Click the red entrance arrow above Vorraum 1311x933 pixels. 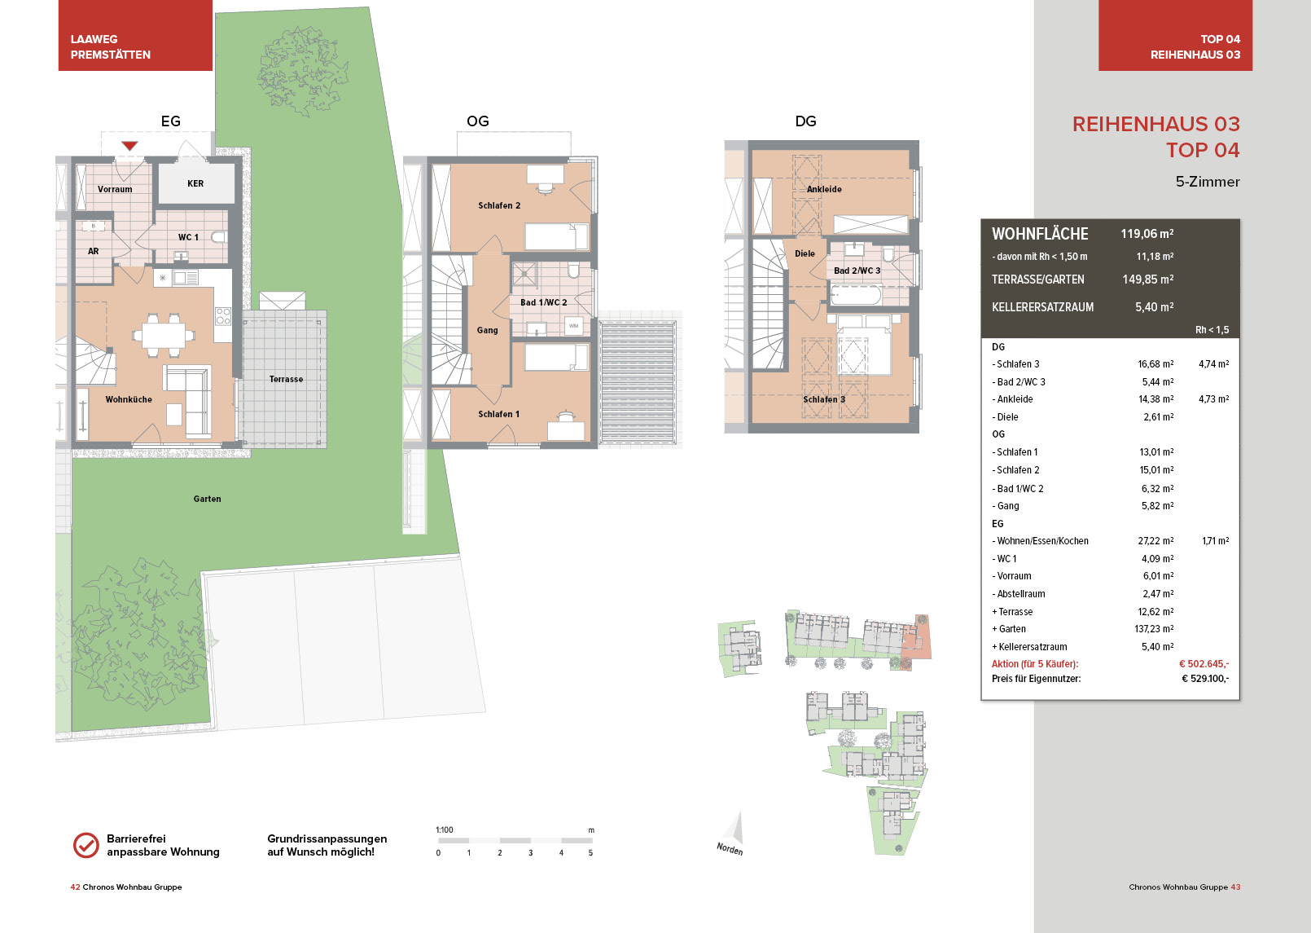point(129,146)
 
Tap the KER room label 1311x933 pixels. point(195,183)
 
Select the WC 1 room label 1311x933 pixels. point(188,237)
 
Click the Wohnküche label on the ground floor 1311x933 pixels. point(129,399)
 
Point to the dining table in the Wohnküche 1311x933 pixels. point(164,336)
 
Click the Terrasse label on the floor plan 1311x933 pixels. point(286,379)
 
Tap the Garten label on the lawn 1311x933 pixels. point(207,499)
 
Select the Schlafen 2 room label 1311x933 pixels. point(499,205)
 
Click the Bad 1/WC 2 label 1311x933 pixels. point(544,302)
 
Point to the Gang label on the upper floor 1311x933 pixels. point(488,330)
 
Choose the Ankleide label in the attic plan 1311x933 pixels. point(824,189)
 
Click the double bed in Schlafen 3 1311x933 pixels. point(865,345)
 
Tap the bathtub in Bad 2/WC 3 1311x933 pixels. point(856,295)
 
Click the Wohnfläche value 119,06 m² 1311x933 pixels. point(1147,234)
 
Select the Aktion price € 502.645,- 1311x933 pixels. point(1204,663)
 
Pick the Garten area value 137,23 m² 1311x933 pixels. point(1154,629)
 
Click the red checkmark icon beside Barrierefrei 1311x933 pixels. point(86,846)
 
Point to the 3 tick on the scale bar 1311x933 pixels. point(531,853)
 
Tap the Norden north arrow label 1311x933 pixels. point(730,848)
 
